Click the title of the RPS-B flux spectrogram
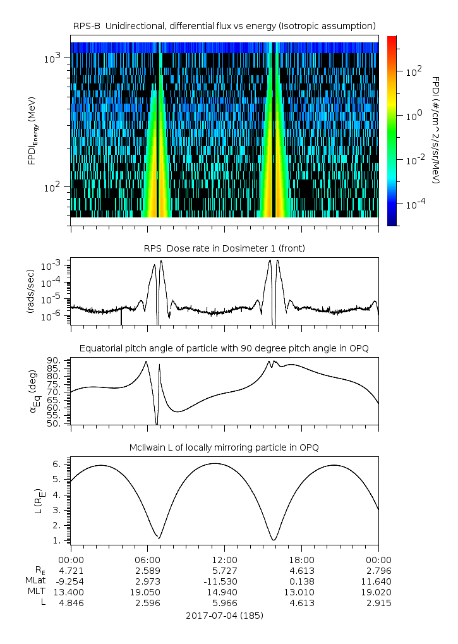[x=224, y=25]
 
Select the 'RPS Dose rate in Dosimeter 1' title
[x=224, y=248]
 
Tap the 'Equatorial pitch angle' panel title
[x=224, y=348]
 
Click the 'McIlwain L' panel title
[x=224, y=447]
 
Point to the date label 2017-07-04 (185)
[x=224, y=615]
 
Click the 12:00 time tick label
[x=224, y=560]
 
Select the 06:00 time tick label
[x=147, y=560]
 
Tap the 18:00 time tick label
[x=301, y=560]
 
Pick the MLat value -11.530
[x=224, y=581]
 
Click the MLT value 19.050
[x=147, y=592]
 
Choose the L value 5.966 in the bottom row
[x=224, y=603]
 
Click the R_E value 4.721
[x=71, y=571]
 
